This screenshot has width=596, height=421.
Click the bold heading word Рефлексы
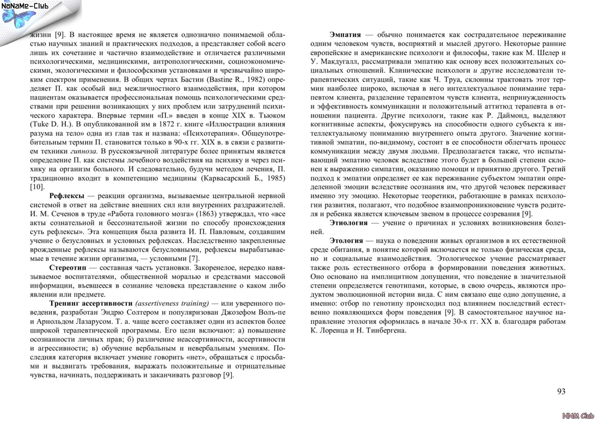[x=67, y=195]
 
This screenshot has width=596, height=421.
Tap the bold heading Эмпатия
[x=345, y=34]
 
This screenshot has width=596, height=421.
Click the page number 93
[x=561, y=391]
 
